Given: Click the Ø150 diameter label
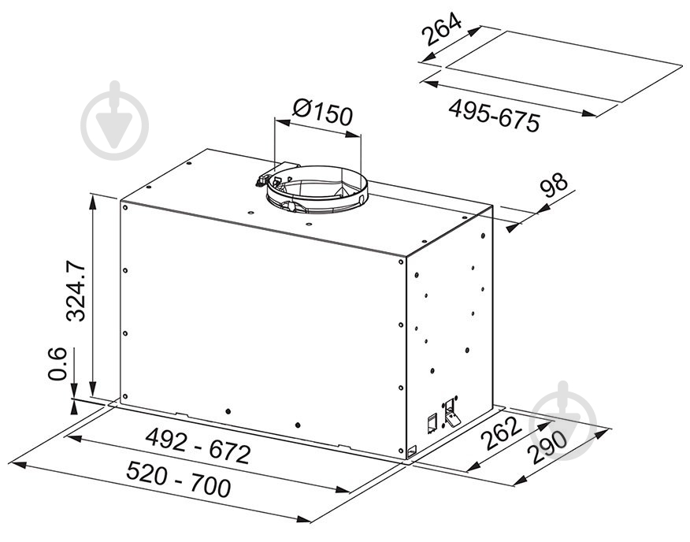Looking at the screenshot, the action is [x=323, y=113].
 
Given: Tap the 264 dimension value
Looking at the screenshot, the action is [x=442, y=29].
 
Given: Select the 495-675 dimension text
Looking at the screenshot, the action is [x=494, y=116].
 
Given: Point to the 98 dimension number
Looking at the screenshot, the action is [x=554, y=185].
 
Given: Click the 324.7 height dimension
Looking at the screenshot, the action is [x=75, y=291].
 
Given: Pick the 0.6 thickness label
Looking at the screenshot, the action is [x=57, y=364].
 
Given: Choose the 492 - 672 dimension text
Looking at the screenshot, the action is [x=198, y=445].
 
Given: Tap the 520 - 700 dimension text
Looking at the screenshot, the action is [x=178, y=479].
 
